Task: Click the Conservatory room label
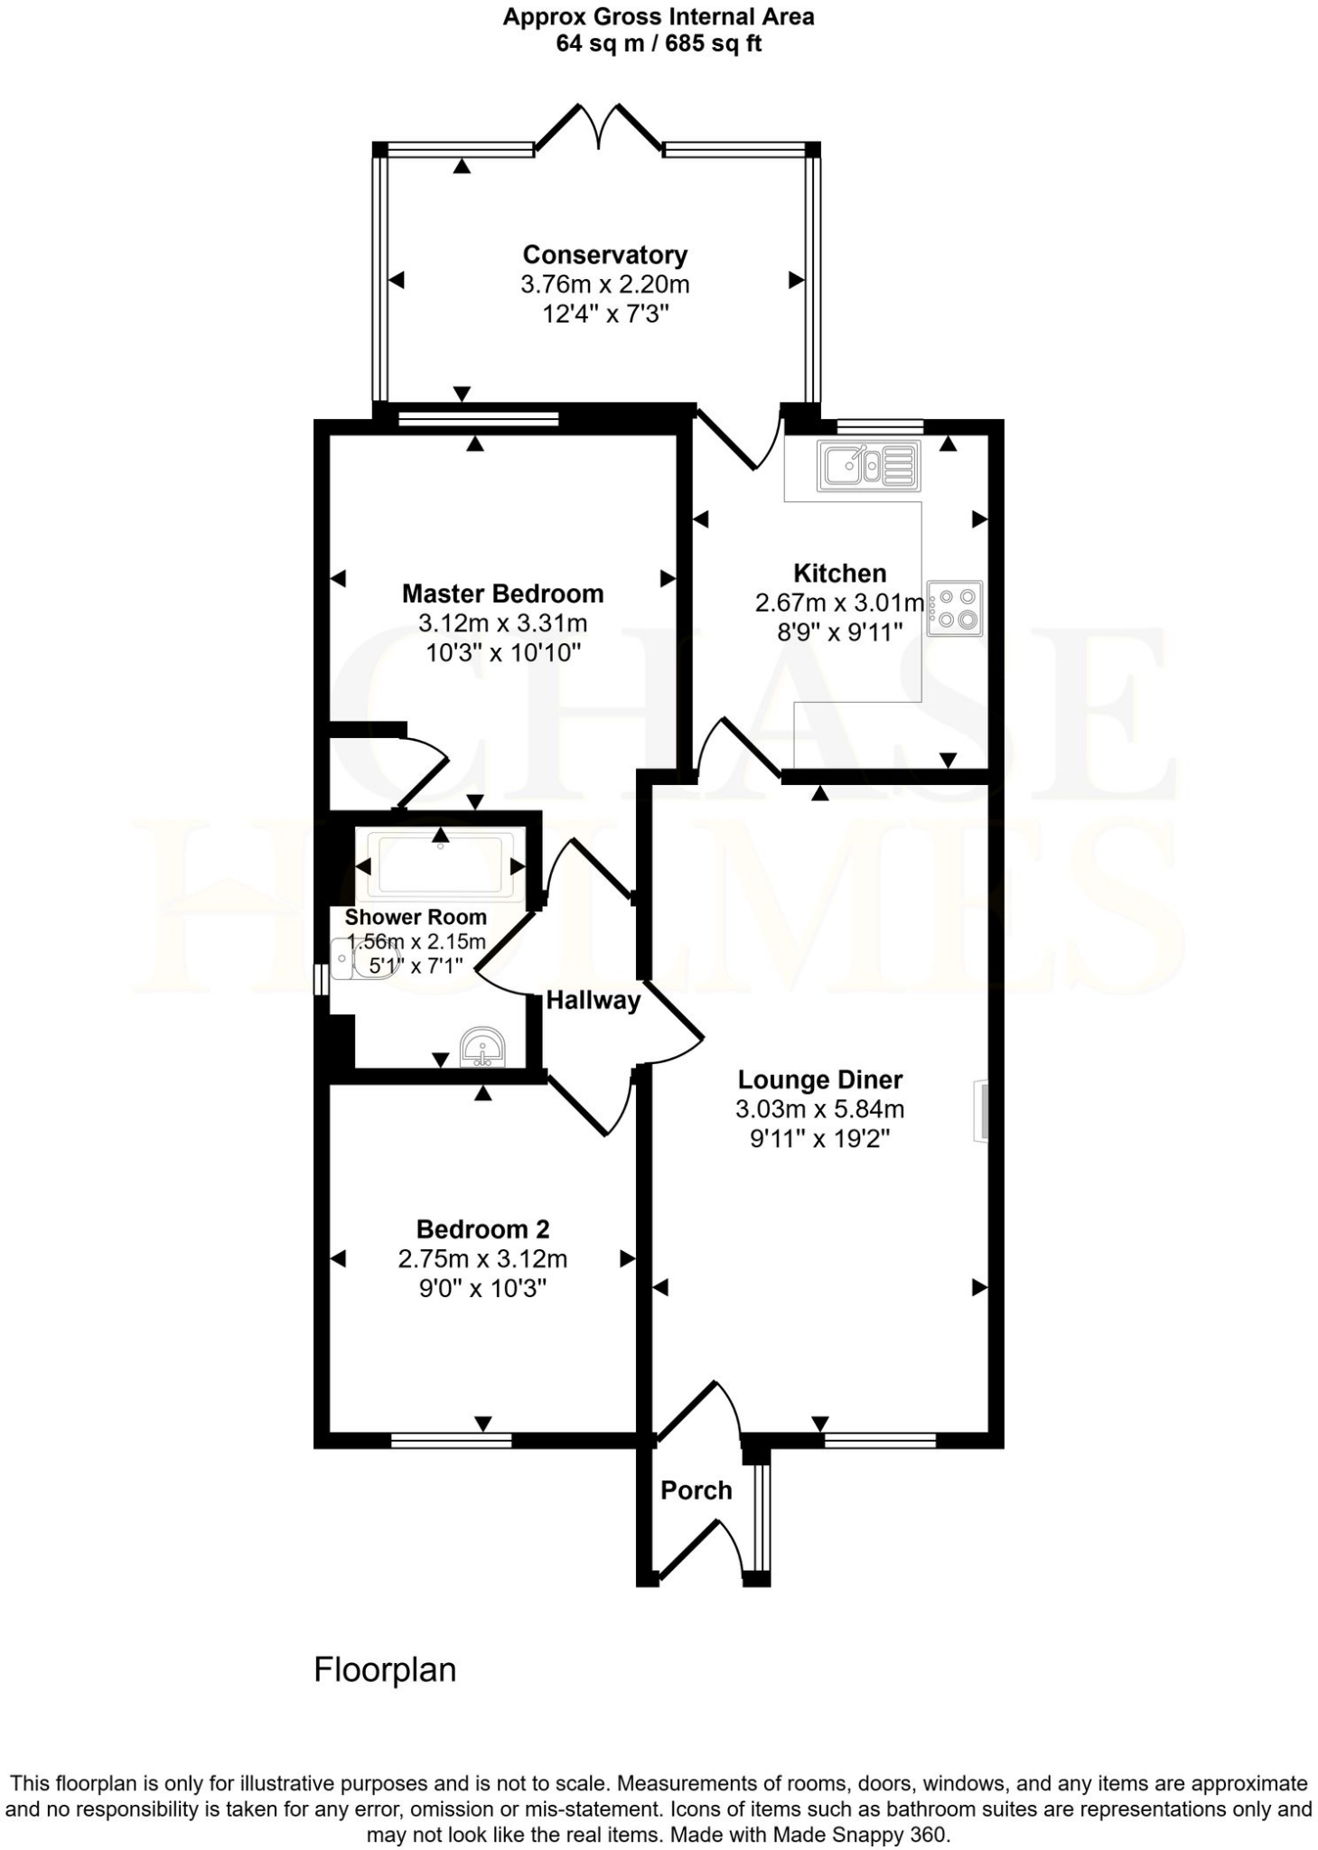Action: (604, 256)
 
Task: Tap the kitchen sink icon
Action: (868, 465)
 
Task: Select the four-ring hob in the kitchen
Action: (955, 608)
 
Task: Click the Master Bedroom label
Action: (502, 593)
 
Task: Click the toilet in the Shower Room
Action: (360, 958)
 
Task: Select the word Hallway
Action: (593, 1000)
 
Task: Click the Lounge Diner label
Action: (820, 1079)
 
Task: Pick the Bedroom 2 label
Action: (482, 1229)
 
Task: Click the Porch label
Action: (696, 1490)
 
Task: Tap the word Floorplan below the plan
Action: (385, 1669)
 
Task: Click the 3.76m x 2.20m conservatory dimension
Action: (604, 285)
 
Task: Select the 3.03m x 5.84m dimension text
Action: (820, 1108)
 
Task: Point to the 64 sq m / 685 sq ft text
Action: (659, 43)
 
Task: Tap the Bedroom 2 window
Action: (451, 1441)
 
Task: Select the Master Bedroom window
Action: (479, 418)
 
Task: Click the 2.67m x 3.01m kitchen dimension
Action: (839, 603)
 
